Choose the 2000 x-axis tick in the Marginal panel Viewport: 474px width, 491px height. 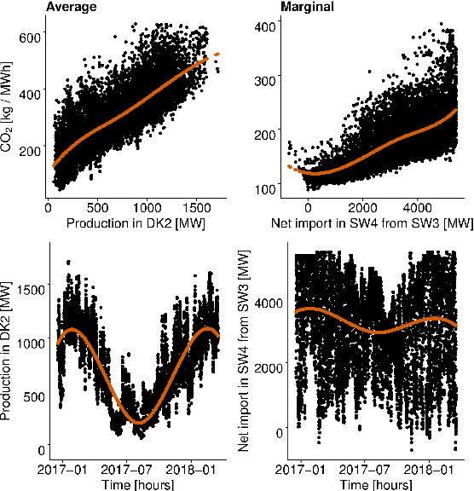tap(362, 207)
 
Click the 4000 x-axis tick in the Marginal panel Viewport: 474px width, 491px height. tap(418, 207)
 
